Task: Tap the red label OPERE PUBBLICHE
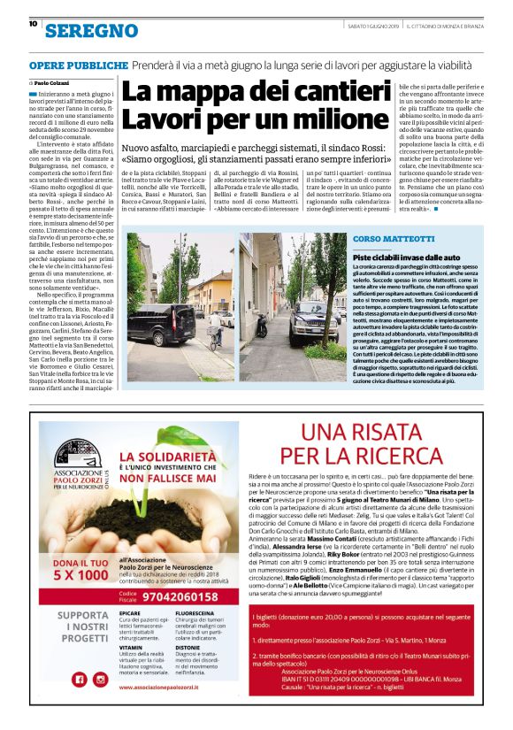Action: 75,66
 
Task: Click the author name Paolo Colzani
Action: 56,81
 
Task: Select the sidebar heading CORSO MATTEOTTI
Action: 389,240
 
